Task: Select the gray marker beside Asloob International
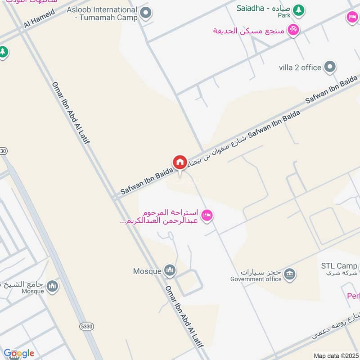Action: (x=145, y=13)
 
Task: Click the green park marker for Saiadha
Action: (x=298, y=9)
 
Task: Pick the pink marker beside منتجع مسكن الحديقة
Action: (x=293, y=30)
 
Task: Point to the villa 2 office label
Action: (x=300, y=67)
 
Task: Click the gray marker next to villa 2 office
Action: (x=331, y=67)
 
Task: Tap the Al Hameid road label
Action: (x=39, y=18)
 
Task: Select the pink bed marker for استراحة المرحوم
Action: (x=207, y=216)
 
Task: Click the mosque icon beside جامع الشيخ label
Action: (x=53, y=286)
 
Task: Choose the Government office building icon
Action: (x=290, y=273)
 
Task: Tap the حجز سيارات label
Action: (x=261, y=272)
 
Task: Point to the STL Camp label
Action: (x=339, y=265)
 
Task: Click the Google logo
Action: (x=19, y=353)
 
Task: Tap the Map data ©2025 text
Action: (x=336, y=355)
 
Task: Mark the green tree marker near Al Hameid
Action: (x=3, y=52)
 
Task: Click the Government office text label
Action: (x=256, y=279)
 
